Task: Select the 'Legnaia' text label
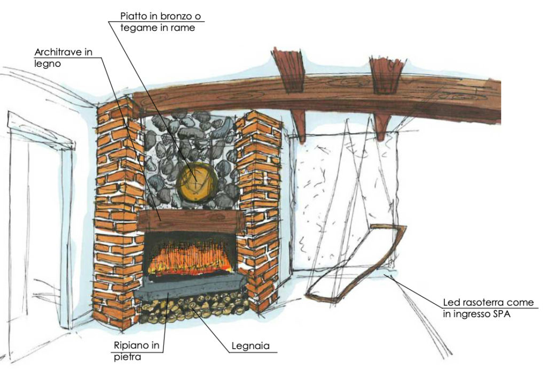click(251, 346)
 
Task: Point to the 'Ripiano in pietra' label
click(136, 351)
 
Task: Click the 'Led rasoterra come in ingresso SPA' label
click(488, 308)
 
